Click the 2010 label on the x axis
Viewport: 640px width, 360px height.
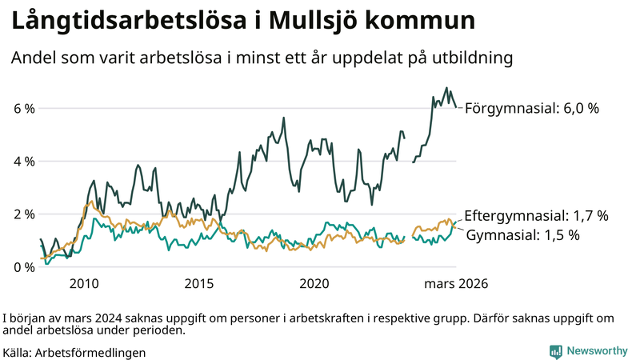pyautogui.click(x=84, y=284)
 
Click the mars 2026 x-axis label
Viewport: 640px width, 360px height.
pyautogui.click(x=456, y=284)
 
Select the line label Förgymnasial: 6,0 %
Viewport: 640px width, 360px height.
pyautogui.click(x=532, y=108)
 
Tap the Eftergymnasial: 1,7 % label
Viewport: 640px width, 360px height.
pyautogui.click(x=536, y=215)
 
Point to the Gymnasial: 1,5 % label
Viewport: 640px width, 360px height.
pyautogui.click(x=522, y=235)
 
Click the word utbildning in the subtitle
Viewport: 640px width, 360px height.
pyautogui.click(x=470, y=58)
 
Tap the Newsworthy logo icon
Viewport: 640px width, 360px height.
pyautogui.click(x=555, y=351)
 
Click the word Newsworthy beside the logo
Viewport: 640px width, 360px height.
pyautogui.click(x=597, y=351)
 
